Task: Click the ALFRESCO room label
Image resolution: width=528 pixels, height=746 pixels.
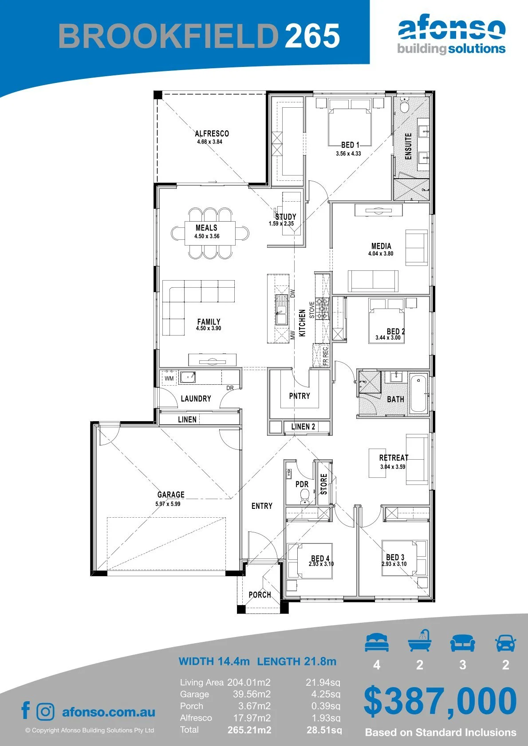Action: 212,133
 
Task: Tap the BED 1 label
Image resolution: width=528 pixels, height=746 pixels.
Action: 350,145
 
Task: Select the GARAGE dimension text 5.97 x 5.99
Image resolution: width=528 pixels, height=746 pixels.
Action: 168,504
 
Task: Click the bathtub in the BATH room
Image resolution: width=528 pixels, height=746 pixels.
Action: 419,394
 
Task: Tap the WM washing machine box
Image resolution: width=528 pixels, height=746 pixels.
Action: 169,379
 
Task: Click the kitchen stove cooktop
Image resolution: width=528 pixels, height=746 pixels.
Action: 322,309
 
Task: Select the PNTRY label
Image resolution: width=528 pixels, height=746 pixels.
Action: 299,396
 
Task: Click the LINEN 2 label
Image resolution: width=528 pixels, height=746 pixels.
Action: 303,426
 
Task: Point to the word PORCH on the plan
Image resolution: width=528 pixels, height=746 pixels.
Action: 260,594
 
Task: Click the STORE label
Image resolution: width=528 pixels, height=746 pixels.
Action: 323,484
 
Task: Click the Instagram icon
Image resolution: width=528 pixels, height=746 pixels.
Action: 45,711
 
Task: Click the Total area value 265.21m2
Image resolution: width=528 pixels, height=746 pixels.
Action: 249,730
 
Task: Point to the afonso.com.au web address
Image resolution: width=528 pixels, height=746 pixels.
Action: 109,712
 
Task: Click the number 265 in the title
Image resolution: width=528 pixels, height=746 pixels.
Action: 312,35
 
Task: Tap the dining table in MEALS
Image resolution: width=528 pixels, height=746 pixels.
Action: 210,233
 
